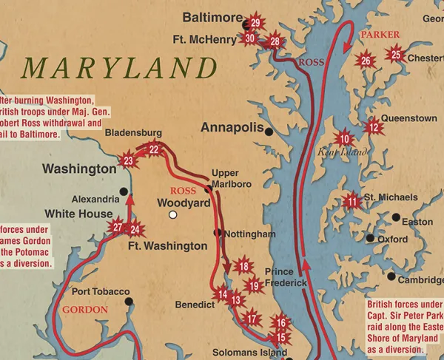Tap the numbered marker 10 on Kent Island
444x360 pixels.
coord(343,138)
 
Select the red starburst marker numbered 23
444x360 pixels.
coord(129,160)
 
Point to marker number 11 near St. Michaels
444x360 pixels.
coord(352,202)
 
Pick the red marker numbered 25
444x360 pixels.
coord(396,55)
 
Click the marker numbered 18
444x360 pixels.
coord(243,266)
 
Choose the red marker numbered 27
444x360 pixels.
coord(117,228)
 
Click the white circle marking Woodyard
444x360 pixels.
coord(172,215)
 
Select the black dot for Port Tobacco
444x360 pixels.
coord(129,302)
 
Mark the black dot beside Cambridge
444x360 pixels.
coord(391,276)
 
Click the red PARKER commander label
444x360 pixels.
coord(380,35)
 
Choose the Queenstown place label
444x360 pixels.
coord(408,118)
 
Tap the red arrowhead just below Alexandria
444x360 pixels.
coord(130,197)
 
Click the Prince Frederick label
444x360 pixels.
coord(285,277)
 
